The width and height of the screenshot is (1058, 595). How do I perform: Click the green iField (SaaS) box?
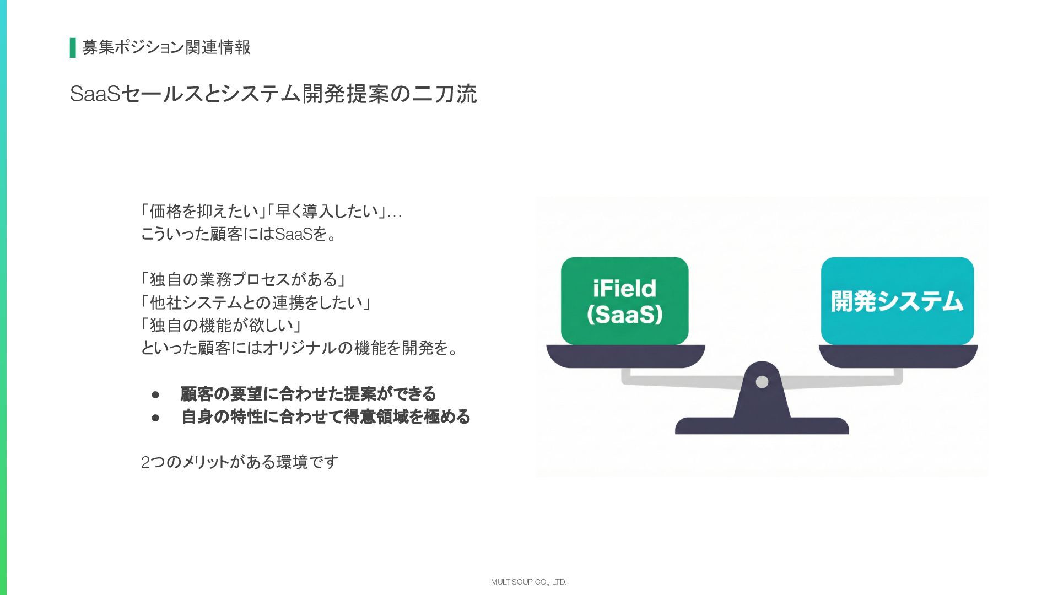tap(624, 300)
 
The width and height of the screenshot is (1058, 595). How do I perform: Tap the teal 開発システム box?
tap(897, 300)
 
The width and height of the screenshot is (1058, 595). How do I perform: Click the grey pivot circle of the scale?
tap(762, 381)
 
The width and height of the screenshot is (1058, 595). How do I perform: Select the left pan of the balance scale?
tap(625, 355)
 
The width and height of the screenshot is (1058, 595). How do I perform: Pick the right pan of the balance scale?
tap(898, 355)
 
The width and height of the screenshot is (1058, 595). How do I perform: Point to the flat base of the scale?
tap(762, 426)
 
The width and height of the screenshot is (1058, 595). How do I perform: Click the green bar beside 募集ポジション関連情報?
tap(73, 48)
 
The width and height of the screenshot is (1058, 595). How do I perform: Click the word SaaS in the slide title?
tap(95, 94)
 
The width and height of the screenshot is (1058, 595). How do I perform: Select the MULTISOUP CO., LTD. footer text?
tap(528, 582)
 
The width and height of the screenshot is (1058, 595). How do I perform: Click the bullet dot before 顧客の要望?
tap(155, 394)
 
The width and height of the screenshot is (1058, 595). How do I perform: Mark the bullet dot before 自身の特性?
tap(155, 418)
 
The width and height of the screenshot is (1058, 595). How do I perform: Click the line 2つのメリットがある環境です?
tap(240, 462)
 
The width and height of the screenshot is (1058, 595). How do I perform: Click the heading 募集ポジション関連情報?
tap(166, 47)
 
